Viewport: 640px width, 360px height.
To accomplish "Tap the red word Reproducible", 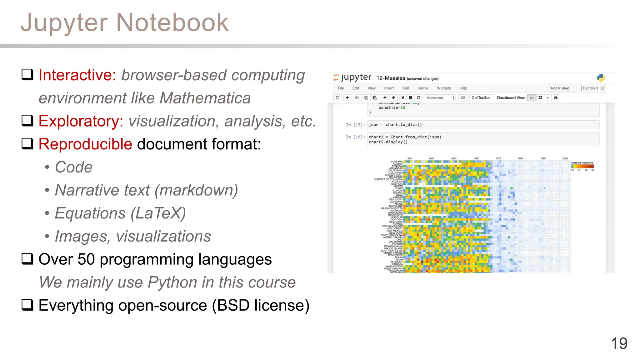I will click(x=85, y=144).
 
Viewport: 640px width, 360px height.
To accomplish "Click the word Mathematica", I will click(x=205, y=98).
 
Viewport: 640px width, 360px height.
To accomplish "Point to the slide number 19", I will click(x=619, y=343).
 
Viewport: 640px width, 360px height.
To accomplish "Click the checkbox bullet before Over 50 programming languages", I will click(x=27, y=259).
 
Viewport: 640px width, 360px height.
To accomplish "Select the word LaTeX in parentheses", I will click(x=158, y=213).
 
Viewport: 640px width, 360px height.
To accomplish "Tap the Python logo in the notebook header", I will click(x=601, y=78).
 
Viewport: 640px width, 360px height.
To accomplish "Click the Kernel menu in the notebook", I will click(x=423, y=88).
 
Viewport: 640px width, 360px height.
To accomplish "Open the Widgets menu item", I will click(x=444, y=88).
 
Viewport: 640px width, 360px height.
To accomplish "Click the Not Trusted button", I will click(x=560, y=88).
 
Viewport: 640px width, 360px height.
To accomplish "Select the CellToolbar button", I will click(x=481, y=98).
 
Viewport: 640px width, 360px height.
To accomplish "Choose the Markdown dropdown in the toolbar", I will click(x=440, y=98).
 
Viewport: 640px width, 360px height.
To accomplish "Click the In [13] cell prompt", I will click(x=355, y=125).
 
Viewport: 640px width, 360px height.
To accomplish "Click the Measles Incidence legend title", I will click(x=582, y=162).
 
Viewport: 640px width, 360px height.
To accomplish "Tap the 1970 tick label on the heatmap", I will click(x=498, y=158).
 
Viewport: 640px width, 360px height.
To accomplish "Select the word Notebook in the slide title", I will click(x=172, y=22).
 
